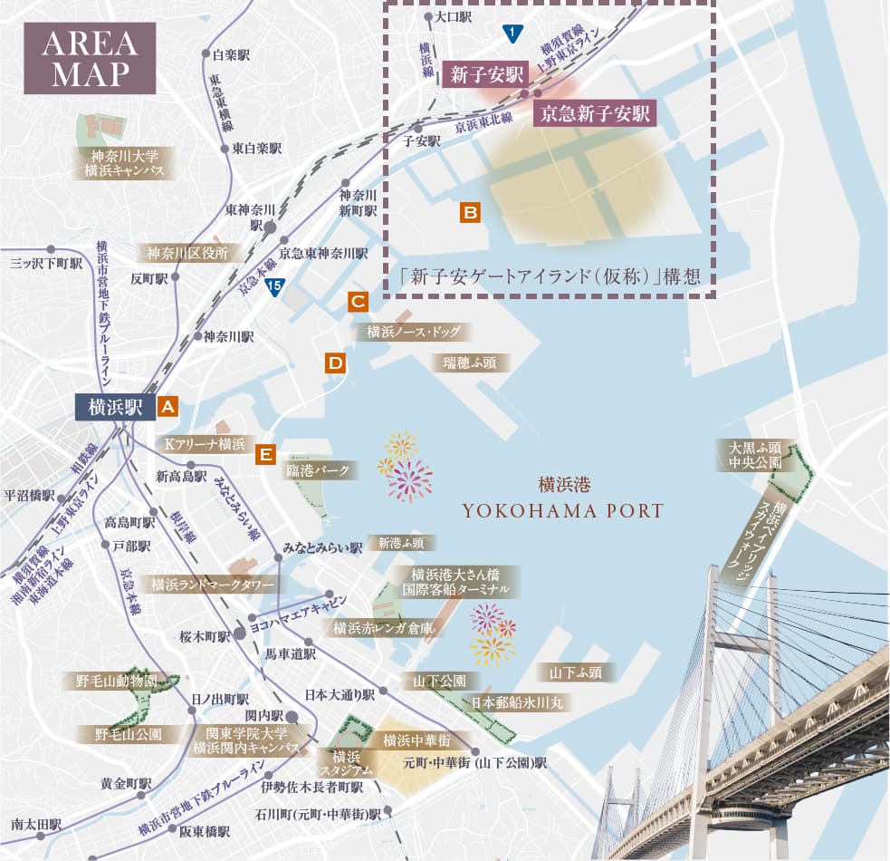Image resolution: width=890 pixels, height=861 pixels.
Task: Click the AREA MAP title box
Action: click(89, 59)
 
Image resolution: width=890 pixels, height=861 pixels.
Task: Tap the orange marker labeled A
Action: click(167, 407)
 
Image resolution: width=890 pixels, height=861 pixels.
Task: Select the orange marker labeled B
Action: click(470, 213)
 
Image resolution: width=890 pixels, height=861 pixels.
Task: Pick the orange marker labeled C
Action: click(358, 302)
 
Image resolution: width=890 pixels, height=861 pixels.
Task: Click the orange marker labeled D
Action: click(335, 364)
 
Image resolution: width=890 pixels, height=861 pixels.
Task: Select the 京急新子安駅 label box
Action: click(594, 113)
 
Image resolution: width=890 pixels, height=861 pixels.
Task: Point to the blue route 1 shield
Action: click(512, 34)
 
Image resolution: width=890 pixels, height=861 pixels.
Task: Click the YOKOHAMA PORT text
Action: click(562, 511)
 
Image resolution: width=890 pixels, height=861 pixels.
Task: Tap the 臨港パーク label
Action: click(318, 470)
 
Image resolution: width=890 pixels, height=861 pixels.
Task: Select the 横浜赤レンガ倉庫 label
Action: click(384, 628)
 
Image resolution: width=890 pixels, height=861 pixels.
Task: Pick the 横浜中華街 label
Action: click(416, 740)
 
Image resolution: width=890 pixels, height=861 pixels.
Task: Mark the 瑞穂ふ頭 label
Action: click(470, 363)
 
